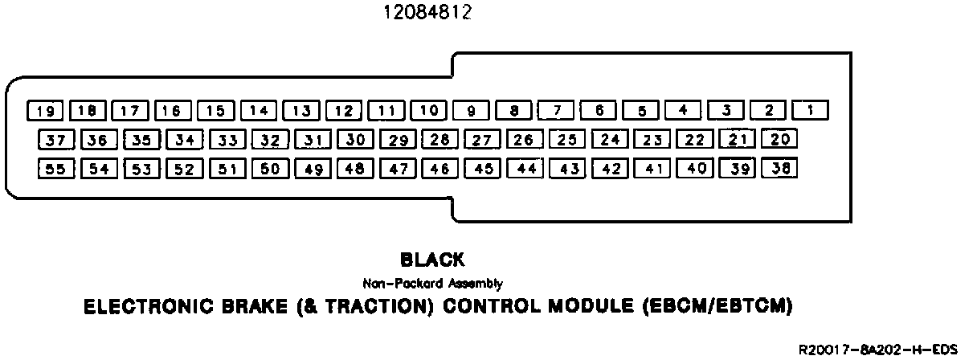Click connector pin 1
811,110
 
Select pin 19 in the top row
45,110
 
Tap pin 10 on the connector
429,110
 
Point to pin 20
779,140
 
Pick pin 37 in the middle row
55,140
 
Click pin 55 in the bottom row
55,169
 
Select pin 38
779,169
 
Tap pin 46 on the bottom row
439,169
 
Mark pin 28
439,140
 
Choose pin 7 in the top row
556,110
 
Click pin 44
526,169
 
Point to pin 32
270,140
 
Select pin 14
259,110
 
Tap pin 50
270,169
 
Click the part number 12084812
427,13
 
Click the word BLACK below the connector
432,260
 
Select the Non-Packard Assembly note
432,283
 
